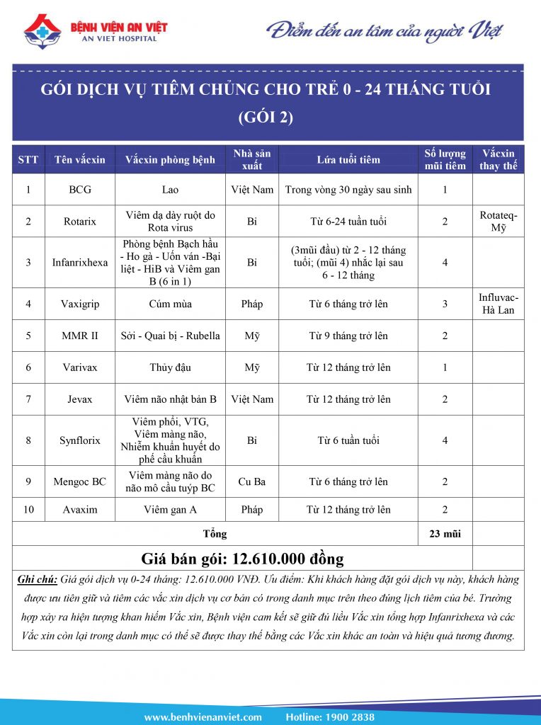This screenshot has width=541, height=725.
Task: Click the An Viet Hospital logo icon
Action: point(42,32)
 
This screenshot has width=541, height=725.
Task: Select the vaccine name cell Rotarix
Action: point(79,221)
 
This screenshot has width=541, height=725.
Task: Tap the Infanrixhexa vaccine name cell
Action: point(79,262)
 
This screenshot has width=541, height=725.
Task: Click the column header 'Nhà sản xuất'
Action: point(251,159)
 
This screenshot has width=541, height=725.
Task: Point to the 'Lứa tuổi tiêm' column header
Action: point(348,159)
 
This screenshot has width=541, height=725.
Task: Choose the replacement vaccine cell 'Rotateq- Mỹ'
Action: point(499,221)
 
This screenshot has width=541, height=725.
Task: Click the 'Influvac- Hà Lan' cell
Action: point(499,304)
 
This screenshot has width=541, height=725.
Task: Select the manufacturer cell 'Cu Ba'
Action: point(251,481)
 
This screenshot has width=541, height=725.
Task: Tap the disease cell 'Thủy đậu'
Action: point(171,367)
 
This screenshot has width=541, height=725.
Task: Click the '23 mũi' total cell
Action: point(445,533)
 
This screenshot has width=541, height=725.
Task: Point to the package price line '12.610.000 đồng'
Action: point(243,558)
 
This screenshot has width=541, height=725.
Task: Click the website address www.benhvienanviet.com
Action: point(203,717)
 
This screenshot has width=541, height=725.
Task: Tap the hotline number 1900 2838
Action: point(351,717)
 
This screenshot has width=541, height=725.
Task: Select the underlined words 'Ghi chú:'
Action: point(37,579)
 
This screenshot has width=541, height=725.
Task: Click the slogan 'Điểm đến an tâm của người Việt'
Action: point(385,31)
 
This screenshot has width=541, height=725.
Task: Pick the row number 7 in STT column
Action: point(28,399)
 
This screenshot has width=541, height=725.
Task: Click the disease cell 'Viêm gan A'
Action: point(171,510)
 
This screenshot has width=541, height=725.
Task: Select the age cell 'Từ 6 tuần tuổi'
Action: point(348,440)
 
